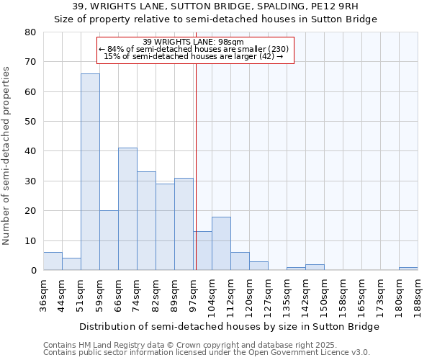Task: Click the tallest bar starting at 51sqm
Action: pyautogui.click(x=90, y=172)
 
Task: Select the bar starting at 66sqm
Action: pyautogui.click(x=127, y=209)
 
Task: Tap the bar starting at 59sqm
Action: pyautogui.click(x=109, y=240)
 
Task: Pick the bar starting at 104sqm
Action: pyautogui.click(x=221, y=243)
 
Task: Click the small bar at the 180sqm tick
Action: pyautogui.click(x=408, y=269)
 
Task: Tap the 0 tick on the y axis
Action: pyautogui.click(x=32, y=271)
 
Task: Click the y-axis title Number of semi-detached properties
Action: pyautogui.click(x=7, y=156)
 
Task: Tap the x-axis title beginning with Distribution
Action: pyautogui.click(x=229, y=326)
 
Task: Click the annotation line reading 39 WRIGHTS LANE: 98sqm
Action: pyautogui.click(x=194, y=42)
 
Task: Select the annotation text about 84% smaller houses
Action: pyautogui.click(x=194, y=49)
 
